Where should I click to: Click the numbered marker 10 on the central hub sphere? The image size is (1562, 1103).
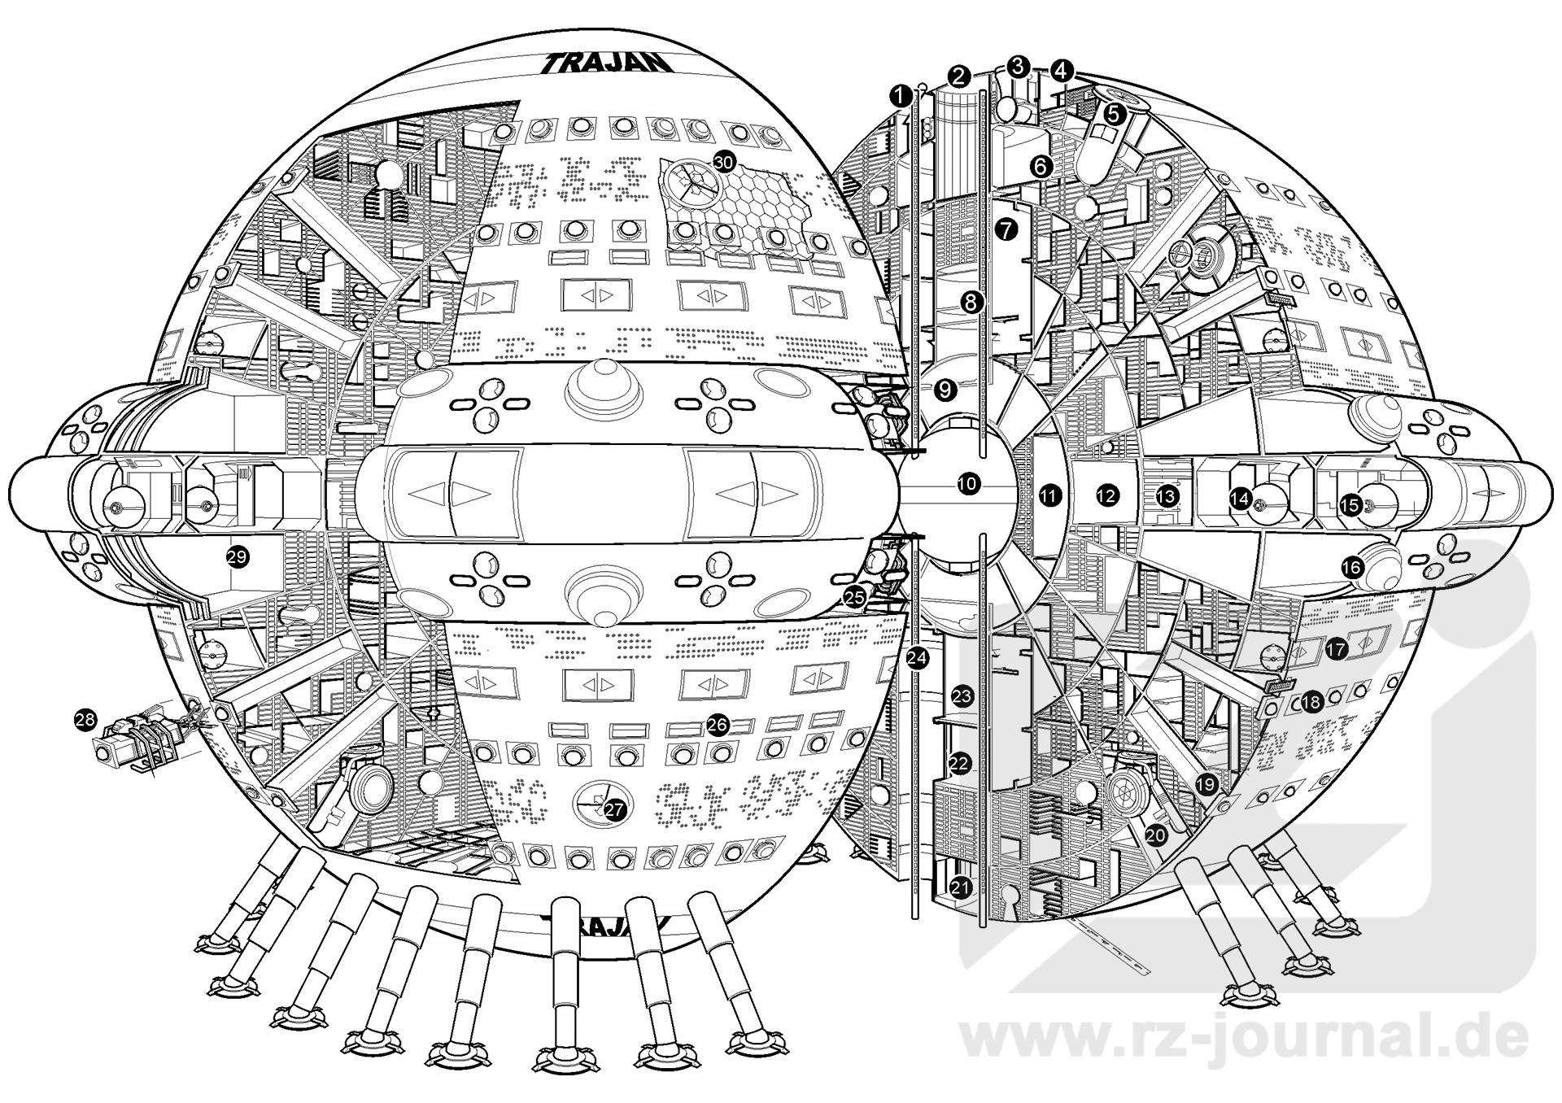pos(967,484)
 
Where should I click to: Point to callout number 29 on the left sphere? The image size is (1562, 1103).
pos(238,557)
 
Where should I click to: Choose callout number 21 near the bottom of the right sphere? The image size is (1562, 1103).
pos(962,887)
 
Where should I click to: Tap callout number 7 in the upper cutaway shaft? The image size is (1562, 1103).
pos(1006,229)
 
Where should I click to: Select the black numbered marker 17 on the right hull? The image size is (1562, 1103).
pos(1337,648)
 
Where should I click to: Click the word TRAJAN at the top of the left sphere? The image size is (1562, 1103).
pos(607,63)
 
